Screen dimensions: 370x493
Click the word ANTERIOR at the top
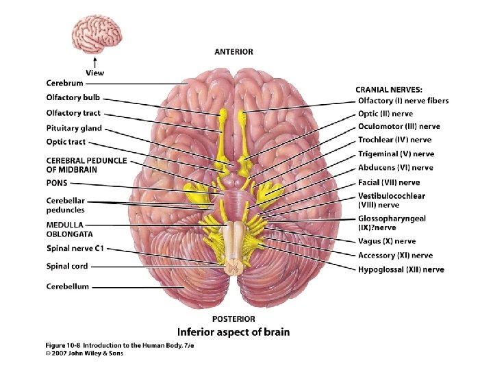[x=233, y=51]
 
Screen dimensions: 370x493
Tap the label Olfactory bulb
[x=73, y=98]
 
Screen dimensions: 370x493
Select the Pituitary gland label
[x=74, y=128]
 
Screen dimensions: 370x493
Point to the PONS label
[x=57, y=184]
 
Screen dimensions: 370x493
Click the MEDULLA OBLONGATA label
[x=66, y=229]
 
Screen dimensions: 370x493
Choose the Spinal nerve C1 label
[x=75, y=249]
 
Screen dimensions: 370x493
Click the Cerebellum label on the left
[x=68, y=286]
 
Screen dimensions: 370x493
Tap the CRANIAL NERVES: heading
[x=388, y=89]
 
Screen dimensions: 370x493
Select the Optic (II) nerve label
[x=385, y=114]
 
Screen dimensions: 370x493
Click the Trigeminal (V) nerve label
[x=396, y=154]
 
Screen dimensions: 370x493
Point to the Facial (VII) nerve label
[x=389, y=182]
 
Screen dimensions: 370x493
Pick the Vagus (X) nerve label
[x=387, y=241]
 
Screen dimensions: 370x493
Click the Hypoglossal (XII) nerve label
[x=401, y=269]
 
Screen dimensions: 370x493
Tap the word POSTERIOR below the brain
[x=233, y=319]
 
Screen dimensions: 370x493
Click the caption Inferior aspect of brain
[x=233, y=332]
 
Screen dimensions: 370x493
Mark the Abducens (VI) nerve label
[x=395, y=168]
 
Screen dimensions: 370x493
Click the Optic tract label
[x=66, y=143]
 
